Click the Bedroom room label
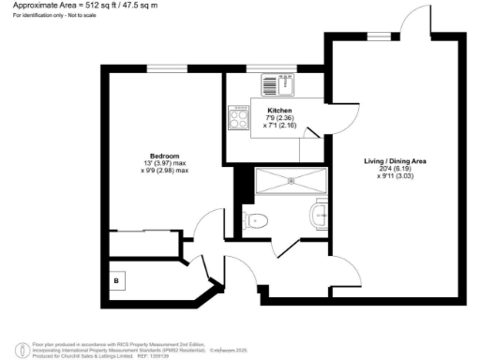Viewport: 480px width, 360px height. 164,155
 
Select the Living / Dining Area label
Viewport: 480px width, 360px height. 396,161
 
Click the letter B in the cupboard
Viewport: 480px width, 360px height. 116,279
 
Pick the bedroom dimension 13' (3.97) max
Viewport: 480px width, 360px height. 165,163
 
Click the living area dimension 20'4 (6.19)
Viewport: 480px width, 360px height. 396,169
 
